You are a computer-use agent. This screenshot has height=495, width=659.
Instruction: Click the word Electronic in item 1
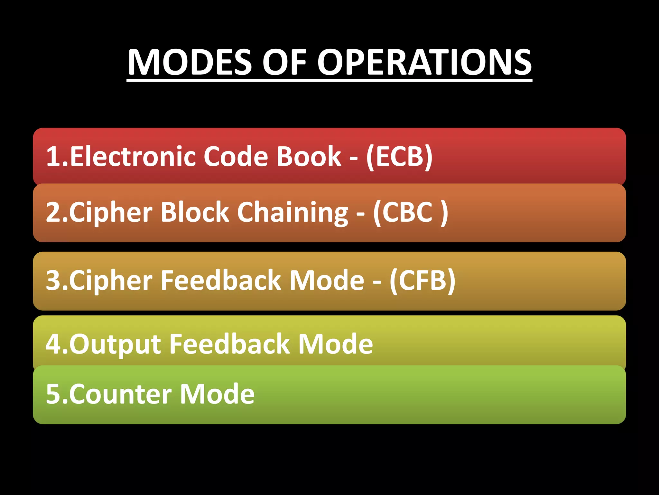point(132,156)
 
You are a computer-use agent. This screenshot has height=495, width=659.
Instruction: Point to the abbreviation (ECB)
point(399,156)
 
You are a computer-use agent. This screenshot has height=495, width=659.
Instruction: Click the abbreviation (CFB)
point(422,280)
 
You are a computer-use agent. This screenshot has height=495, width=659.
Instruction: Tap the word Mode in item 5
point(217,394)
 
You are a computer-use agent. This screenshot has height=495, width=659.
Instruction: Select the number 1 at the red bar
point(52,156)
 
